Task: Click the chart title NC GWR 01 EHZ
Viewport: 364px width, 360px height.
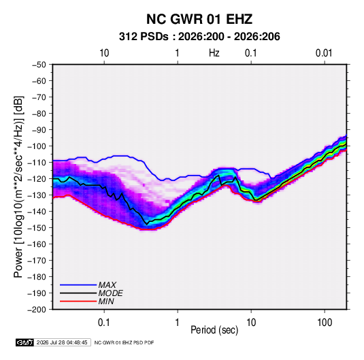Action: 199,19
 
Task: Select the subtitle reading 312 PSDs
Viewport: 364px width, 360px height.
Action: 144,37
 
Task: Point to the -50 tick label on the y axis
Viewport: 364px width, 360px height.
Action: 39,65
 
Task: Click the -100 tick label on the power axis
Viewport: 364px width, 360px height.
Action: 37,146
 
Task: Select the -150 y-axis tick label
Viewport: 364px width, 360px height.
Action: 37,228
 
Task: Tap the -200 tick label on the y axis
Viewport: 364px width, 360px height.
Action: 37,310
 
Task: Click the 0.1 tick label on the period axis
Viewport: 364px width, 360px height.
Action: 104,323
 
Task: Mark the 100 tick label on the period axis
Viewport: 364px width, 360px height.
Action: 325,323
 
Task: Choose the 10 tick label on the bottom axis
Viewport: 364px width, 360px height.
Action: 251,323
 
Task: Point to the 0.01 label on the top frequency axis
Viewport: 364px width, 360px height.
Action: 324,53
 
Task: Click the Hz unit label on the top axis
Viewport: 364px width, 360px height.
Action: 214,53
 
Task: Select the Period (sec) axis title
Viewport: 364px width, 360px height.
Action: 214,330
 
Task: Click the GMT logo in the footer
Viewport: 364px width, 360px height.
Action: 25,342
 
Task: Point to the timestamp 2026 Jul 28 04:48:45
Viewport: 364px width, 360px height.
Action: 62,342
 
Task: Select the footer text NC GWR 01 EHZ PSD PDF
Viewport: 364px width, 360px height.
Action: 124,342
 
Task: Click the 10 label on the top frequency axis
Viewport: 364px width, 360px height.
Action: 104,53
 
